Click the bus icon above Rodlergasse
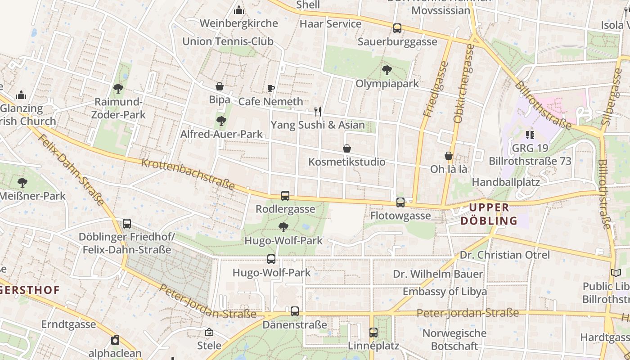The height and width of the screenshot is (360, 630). pyautogui.click(x=285, y=196)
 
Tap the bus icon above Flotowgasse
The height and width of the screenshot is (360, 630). pyautogui.click(x=400, y=202)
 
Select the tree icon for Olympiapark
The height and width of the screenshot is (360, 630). pyautogui.click(x=387, y=70)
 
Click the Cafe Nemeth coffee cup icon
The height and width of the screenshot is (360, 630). pyautogui.click(x=270, y=88)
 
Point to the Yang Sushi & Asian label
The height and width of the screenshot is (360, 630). pyautogui.click(x=318, y=125)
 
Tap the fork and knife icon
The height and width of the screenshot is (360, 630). pyautogui.click(x=318, y=112)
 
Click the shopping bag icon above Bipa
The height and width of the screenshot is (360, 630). pyautogui.click(x=220, y=86)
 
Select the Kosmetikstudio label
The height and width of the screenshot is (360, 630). pyautogui.click(x=347, y=162)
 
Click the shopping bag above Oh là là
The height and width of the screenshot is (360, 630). pyautogui.click(x=449, y=156)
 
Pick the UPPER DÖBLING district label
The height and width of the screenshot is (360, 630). pyautogui.click(x=490, y=214)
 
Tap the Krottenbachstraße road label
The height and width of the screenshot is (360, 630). pyautogui.click(x=188, y=174)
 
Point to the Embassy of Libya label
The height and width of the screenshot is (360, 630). pyautogui.click(x=445, y=291)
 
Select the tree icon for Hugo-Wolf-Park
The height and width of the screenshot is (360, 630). pyautogui.click(x=283, y=227)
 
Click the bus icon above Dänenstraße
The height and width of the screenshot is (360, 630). pyautogui.click(x=295, y=311)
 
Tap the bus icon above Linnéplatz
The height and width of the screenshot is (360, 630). pyautogui.click(x=373, y=333)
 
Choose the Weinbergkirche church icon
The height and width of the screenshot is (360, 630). pyautogui.click(x=239, y=9)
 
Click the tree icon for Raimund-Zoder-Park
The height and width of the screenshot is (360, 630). pyautogui.click(x=118, y=88)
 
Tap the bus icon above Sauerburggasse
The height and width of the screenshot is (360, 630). pyautogui.click(x=397, y=28)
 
